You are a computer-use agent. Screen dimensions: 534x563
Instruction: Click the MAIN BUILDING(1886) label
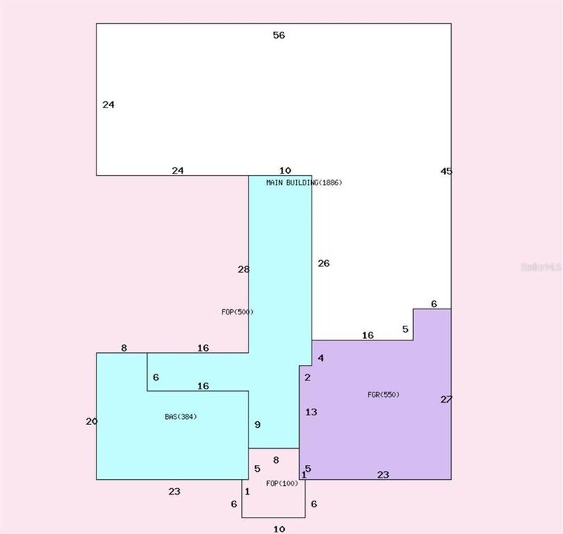pos(304,182)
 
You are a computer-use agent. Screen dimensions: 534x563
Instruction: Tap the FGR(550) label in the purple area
pos(383,395)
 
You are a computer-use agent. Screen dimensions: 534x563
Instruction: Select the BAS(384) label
pos(180,417)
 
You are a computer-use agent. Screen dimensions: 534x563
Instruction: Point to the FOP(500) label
pos(237,312)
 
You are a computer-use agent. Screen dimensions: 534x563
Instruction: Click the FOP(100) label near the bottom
pos(282,484)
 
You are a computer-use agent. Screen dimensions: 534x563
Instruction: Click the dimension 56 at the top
pos(279,35)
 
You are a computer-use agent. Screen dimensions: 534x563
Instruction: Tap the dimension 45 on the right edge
pos(446,171)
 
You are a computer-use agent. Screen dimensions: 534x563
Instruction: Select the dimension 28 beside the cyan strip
pos(243,270)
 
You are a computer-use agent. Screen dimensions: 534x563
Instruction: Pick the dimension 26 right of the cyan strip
pos(323,263)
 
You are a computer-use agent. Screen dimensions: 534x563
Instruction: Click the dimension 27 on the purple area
pos(446,400)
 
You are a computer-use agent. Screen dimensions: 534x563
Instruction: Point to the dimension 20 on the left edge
pos(91,421)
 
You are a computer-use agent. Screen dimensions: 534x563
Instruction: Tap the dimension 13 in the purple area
pos(311,412)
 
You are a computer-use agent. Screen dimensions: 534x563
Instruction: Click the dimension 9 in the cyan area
pos(257,425)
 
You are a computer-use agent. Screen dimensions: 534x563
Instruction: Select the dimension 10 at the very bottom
pos(279,529)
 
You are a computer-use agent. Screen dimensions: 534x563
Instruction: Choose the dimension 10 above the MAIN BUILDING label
pos(286,171)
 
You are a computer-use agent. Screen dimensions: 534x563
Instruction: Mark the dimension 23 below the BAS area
pos(174,491)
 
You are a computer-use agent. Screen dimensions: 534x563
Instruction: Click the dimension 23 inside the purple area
pos(383,475)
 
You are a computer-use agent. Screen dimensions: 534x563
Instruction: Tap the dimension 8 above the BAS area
pos(124,348)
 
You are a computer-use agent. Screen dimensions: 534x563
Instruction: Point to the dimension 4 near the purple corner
pos(320,359)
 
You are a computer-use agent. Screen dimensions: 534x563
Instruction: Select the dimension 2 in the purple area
pos(307,378)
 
